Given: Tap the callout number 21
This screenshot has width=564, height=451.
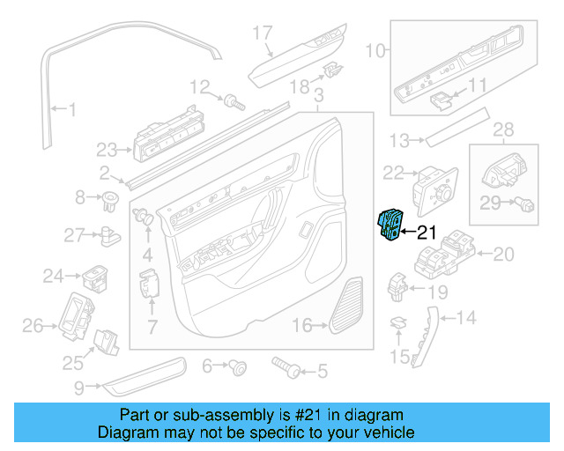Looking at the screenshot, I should coord(427,233).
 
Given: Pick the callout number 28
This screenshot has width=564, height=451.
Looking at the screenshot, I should coord(503,131).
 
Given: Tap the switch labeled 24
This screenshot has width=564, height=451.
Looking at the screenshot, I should coord(95,277).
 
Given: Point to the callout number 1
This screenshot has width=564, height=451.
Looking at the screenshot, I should coord(72,111).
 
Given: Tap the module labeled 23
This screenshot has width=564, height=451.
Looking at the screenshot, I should coord(167,136).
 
